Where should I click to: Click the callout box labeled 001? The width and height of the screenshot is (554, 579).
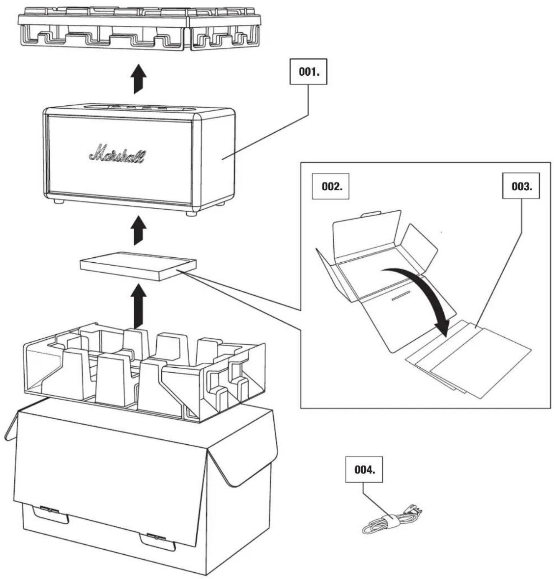tap(308, 72)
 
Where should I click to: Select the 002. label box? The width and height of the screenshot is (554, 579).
tap(330, 186)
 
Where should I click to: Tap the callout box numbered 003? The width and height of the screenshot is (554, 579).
tap(521, 186)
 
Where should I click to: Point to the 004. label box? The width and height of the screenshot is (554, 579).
tap(364, 469)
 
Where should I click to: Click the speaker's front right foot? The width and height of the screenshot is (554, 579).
tap(192, 213)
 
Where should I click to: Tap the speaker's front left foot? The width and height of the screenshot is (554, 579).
tap(59, 201)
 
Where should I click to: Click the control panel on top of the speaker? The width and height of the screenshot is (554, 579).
tap(139, 108)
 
